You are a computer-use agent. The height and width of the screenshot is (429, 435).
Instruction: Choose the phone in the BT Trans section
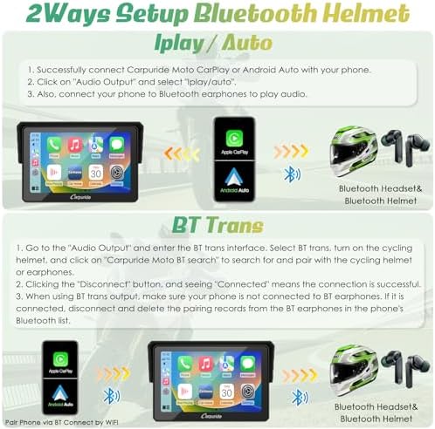click(x=60, y=370)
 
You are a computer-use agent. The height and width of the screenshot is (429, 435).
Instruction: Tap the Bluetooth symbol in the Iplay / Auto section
click(x=293, y=172)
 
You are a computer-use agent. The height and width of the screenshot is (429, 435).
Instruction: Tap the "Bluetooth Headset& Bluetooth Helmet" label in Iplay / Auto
click(x=375, y=194)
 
